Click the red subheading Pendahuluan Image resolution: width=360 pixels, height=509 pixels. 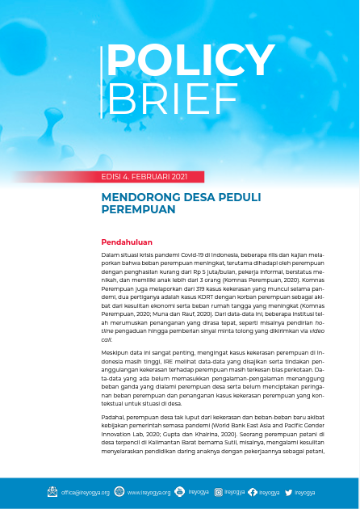127,242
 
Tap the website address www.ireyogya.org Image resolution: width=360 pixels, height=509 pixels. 149,492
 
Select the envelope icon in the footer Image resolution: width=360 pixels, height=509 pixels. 52,491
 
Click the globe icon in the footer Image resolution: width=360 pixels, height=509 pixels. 119,491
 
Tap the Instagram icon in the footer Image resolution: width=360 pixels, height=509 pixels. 219,491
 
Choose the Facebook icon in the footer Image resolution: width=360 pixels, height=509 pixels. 253,491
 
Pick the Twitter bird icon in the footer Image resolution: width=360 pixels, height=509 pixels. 288,491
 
